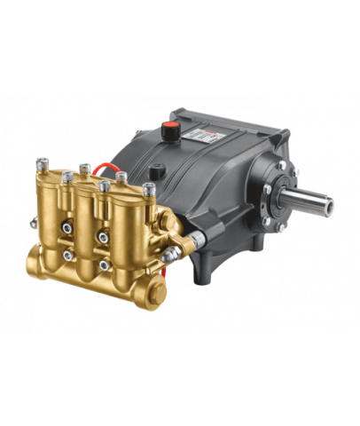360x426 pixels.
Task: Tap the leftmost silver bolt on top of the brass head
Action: coord(43,165)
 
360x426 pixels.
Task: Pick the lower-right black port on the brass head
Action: coord(105,266)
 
